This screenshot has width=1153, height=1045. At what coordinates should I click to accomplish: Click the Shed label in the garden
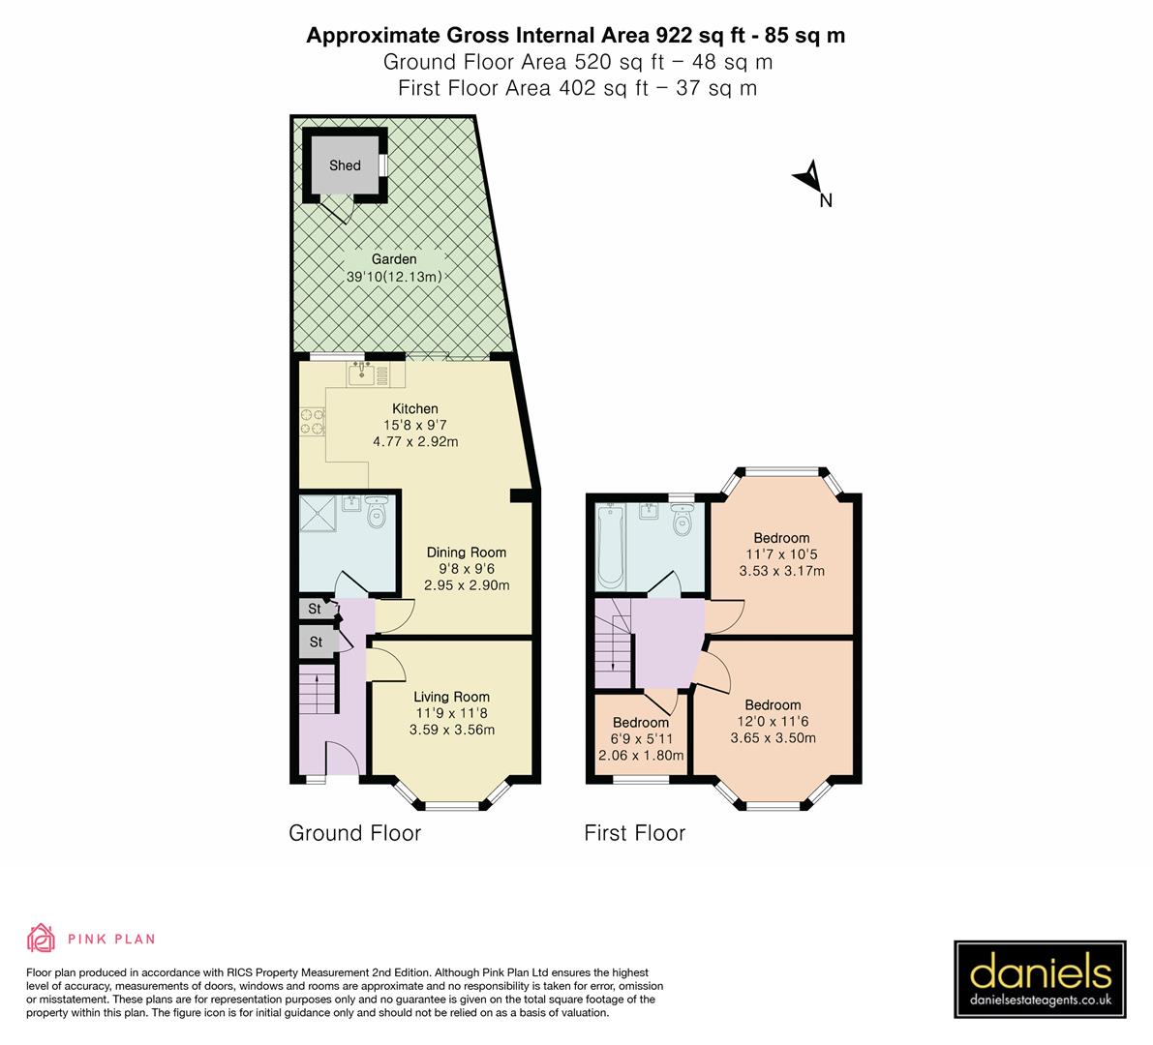345,165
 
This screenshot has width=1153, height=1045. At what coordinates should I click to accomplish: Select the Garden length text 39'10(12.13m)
394,277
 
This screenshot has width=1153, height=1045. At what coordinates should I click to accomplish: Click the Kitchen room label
414,408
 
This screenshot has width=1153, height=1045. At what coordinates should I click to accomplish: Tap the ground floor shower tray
319,514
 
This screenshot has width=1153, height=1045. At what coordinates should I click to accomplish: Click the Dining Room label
467,552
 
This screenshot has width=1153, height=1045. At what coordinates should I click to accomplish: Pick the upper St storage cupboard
315,609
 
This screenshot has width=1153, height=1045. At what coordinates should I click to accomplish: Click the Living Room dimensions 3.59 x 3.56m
452,730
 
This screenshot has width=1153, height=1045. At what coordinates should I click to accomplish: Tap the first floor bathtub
609,547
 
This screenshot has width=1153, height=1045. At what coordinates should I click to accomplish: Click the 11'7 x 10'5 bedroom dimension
781,554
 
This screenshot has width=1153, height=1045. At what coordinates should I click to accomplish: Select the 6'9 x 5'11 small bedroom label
640,739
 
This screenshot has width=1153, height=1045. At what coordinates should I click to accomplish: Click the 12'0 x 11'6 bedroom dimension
773,721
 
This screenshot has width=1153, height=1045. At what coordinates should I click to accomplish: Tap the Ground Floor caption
354,833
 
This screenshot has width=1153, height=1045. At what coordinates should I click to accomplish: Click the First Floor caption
634,833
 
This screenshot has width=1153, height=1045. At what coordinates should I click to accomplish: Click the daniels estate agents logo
1041,979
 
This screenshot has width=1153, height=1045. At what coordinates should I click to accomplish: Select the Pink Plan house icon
41,939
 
